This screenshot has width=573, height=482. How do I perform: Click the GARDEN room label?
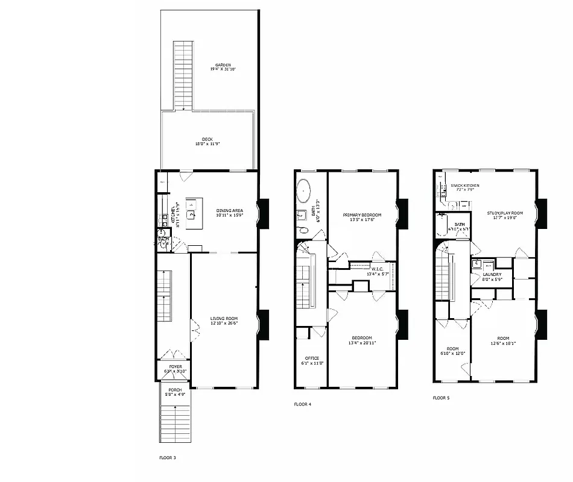pyautogui.click(x=223, y=65)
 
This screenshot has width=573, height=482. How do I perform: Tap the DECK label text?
pyautogui.click(x=207, y=139)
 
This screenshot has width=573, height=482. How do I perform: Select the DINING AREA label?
pyautogui.click(x=230, y=210)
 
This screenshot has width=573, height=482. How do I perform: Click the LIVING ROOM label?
pyautogui.click(x=224, y=318)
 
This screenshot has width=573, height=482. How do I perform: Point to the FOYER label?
pyautogui.click(x=176, y=366)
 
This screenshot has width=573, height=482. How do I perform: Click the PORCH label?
pyautogui.click(x=175, y=390)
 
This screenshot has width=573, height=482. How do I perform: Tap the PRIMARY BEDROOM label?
pyautogui.click(x=362, y=215)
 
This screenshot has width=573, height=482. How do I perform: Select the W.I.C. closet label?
pyautogui.click(x=378, y=269)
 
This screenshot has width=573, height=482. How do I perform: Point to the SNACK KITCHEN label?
pyautogui.click(x=464, y=185)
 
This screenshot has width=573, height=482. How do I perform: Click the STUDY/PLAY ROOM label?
pyautogui.click(x=505, y=213)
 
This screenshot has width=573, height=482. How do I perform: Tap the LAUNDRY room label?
pyautogui.click(x=492, y=274)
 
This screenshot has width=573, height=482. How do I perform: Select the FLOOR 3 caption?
pyautogui.click(x=168, y=458)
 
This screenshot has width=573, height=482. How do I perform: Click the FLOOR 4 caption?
pyautogui.click(x=303, y=404)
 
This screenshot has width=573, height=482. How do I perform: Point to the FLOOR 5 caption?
pyautogui.click(x=442, y=398)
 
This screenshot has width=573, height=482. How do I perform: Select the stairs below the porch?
pyautogui.click(x=175, y=422)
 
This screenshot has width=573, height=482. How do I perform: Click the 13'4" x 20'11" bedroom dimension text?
pyautogui.click(x=362, y=343)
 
